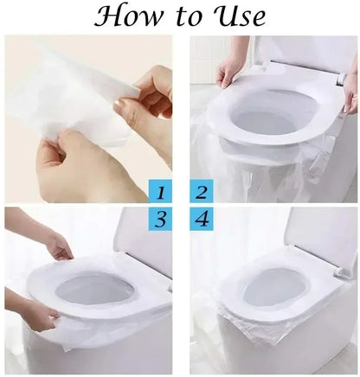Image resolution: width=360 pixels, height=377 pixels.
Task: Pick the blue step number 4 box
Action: [x=202, y=220]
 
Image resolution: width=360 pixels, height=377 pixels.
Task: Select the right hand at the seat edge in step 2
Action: [x=350, y=91]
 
